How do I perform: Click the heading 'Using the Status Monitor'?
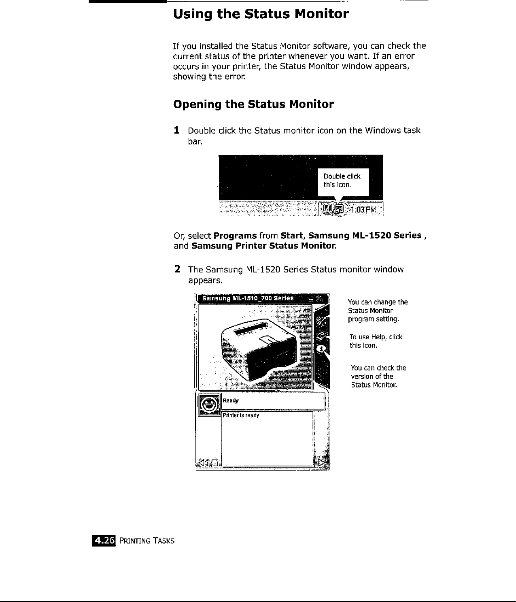coord(261,15)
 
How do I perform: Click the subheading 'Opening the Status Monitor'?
coord(253,104)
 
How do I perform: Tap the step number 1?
coord(176,130)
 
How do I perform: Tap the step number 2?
coord(177,269)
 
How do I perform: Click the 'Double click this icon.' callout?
coord(343,181)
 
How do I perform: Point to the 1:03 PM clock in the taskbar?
coord(363,210)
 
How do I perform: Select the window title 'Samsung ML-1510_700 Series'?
coord(248,298)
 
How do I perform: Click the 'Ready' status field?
coord(273,401)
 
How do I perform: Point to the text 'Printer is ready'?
coord(241,415)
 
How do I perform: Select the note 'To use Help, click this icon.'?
coord(376,341)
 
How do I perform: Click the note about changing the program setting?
coord(378,311)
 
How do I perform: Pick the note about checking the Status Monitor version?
coord(378,376)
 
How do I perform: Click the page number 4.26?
coord(104,540)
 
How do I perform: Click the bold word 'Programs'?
coord(235,236)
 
